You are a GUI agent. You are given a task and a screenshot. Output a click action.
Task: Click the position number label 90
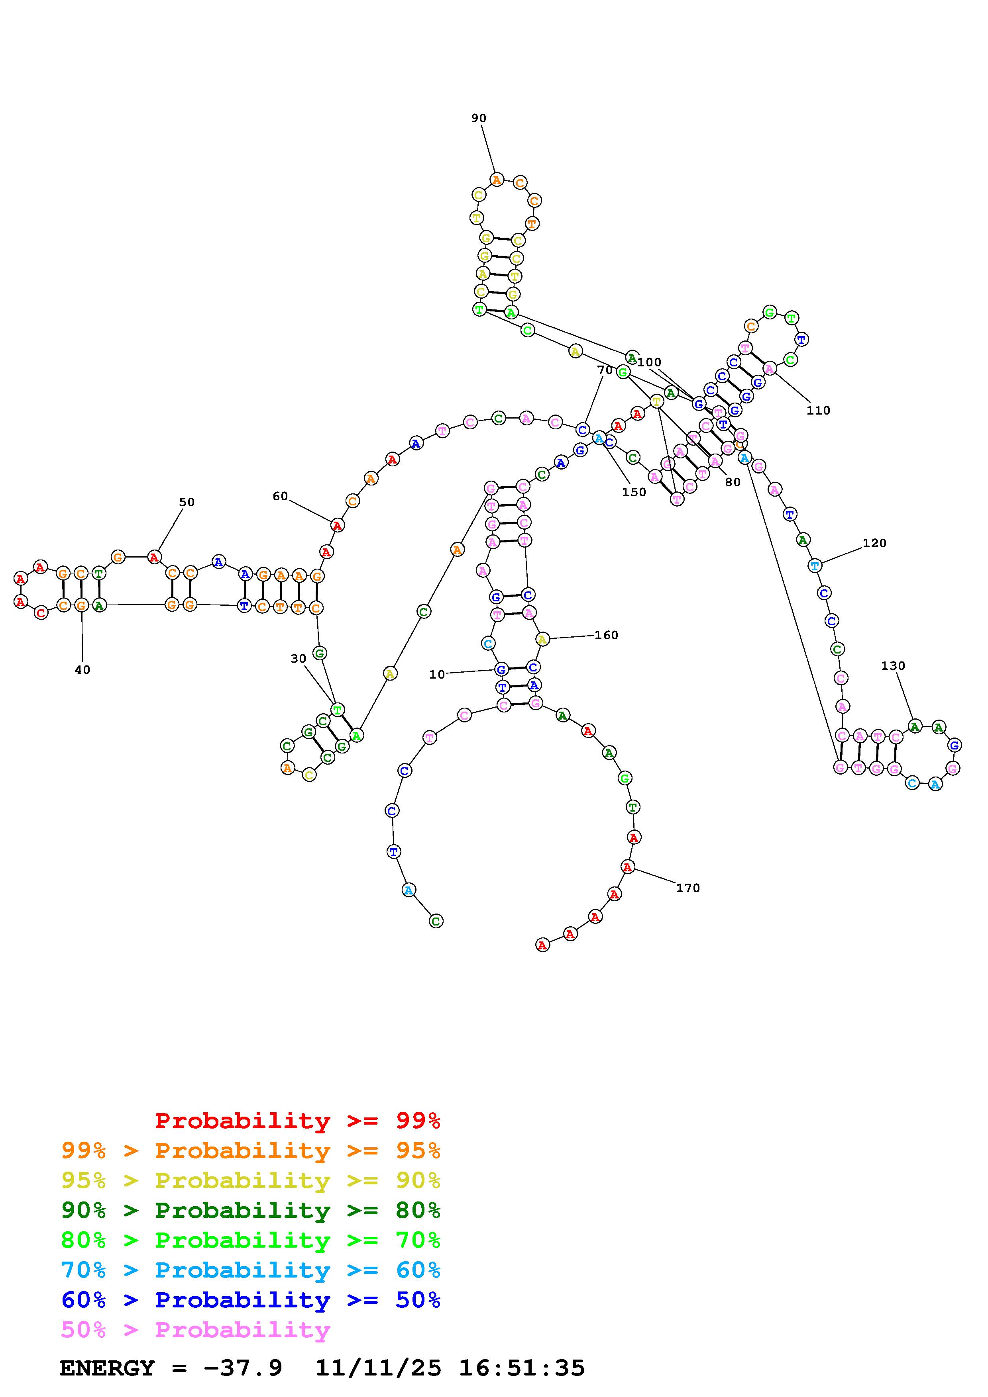coord(479,118)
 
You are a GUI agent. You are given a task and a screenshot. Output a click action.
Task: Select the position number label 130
coord(893,665)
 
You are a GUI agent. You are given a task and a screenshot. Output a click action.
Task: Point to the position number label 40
coord(82,670)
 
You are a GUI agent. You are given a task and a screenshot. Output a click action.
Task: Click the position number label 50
coord(187,502)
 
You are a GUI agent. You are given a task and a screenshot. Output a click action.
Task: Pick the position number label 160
coord(606,635)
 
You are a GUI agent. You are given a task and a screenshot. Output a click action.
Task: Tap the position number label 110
coord(818,411)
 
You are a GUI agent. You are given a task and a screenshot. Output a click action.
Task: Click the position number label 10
coord(437,674)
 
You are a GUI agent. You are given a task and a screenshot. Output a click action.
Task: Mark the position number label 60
coord(280,497)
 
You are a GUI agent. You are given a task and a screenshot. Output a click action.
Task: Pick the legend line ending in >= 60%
coord(250,1270)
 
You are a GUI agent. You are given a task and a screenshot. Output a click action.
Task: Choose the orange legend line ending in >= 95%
coord(250,1150)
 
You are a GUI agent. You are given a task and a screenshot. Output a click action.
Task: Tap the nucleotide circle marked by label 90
coord(497,180)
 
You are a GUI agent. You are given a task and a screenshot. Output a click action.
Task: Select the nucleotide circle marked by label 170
coord(628,867)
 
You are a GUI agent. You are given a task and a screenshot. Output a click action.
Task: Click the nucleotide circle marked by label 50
coord(155,557)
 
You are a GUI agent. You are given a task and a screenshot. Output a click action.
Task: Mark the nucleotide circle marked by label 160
coord(542,639)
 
